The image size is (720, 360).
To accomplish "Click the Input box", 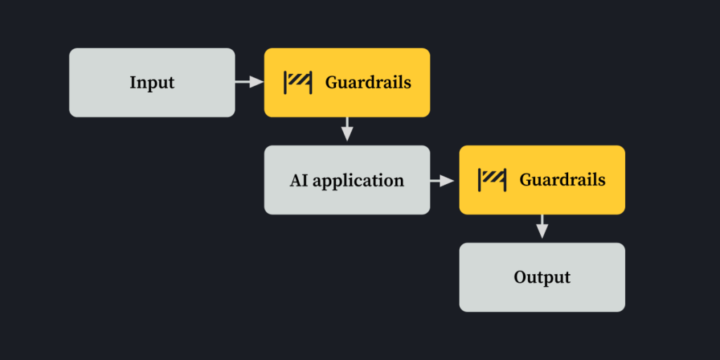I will pyautogui.click(x=152, y=82).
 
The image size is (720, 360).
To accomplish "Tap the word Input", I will pyautogui.click(x=152, y=83).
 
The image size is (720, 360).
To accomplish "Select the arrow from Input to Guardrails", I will pyautogui.click(x=249, y=82).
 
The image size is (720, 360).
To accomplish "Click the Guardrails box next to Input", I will pyautogui.click(x=347, y=82).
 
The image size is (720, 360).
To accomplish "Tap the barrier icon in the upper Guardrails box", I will pyautogui.click(x=297, y=82).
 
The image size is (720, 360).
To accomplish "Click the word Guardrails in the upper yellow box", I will pyautogui.click(x=368, y=82).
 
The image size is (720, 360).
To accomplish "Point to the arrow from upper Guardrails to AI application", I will pyautogui.click(x=347, y=131).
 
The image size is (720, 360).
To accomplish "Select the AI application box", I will pyautogui.click(x=347, y=179).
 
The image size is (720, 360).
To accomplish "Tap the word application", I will pyautogui.click(x=359, y=181).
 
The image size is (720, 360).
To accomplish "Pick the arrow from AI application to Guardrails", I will pyautogui.click(x=444, y=180).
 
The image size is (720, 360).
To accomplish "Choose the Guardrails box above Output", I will pyautogui.click(x=542, y=179).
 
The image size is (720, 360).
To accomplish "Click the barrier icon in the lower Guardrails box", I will pyautogui.click(x=492, y=179).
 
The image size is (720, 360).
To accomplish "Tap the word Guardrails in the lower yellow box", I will pyautogui.click(x=562, y=179).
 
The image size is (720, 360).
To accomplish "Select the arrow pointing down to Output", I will pyautogui.click(x=542, y=228).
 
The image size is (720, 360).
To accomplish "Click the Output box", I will pyautogui.click(x=542, y=277).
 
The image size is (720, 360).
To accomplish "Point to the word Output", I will pyautogui.click(x=542, y=277).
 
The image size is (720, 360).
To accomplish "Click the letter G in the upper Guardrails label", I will pyautogui.click(x=330, y=82).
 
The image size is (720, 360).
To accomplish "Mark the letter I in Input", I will pyautogui.click(x=132, y=82).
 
